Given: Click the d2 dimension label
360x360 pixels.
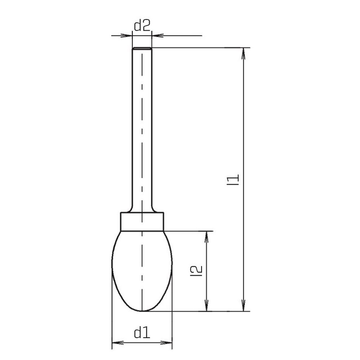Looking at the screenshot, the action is click(142, 26).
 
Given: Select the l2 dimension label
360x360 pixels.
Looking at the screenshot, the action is click(197, 271).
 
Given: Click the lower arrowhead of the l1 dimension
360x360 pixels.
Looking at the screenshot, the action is click(243, 305).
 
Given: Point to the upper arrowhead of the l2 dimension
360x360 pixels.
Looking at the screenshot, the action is click(207, 237).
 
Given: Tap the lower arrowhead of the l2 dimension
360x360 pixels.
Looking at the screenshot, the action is click(207, 305).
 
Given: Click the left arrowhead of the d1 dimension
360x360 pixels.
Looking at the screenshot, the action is click(118, 343).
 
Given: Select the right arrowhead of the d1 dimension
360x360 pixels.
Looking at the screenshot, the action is click(166, 343).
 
